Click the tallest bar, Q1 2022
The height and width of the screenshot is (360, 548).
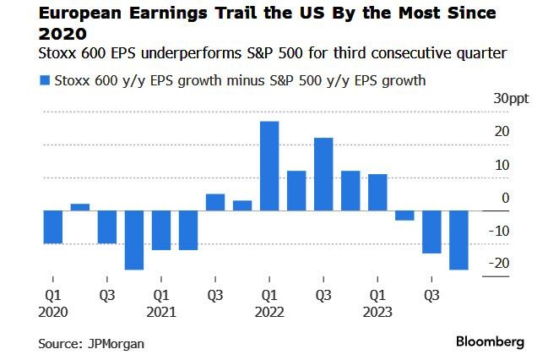tap(269, 166)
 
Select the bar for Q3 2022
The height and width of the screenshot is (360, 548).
tap(323, 173)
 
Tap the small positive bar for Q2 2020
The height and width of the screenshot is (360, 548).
tap(80, 206)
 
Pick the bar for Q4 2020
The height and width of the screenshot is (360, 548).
tap(134, 239)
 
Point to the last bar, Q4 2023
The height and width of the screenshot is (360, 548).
tap(459, 239)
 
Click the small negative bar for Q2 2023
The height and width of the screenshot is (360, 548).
tap(404, 215)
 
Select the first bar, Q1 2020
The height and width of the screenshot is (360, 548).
tap(53, 226)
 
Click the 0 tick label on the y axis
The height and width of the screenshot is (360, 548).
tap(505, 198)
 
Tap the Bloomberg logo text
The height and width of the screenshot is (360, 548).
tap(490, 342)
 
